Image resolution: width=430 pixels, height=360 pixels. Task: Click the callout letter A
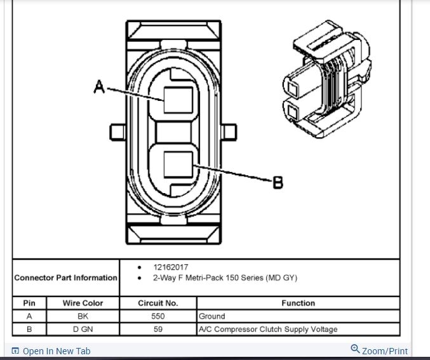click(x=99, y=87)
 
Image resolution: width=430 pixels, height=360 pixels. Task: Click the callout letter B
click(x=278, y=183)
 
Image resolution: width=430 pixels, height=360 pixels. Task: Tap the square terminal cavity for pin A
click(x=178, y=100)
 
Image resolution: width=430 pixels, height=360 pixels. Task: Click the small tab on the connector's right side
click(x=231, y=132)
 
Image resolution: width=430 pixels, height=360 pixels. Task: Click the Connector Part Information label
click(x=65, y=277)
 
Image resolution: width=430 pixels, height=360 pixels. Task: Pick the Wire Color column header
click(x=82, y=303)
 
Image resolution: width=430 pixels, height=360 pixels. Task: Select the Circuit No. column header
click(x=158, y=303)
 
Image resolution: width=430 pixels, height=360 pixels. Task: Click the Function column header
click(x=298, y=303)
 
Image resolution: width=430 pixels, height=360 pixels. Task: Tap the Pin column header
click(x=29, y=303)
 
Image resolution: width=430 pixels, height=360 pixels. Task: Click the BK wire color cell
click(x=82, y=316)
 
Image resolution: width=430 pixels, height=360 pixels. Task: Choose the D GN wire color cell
click(x=82, y=329)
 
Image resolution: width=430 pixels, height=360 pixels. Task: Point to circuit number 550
click(x=158, y=316)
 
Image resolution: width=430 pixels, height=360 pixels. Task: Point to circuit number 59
click(x=158, y=329)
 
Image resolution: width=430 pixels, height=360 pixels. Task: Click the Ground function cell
click(x=212, y=316)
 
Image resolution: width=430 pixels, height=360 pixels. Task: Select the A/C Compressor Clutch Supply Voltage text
click(x=267, y=329)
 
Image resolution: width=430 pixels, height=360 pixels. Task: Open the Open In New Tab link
click(x=56, y=351)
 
